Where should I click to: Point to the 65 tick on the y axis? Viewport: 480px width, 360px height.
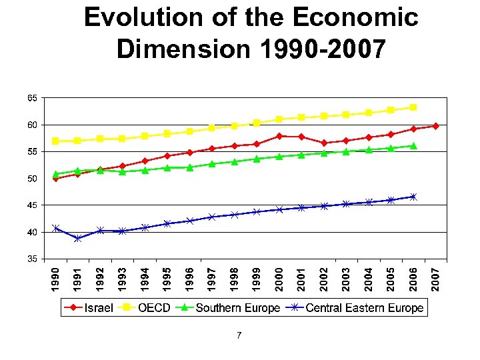point(32,98)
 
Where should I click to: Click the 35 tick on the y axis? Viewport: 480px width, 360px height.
point(32,259)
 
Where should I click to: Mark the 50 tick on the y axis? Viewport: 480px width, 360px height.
point(32,179)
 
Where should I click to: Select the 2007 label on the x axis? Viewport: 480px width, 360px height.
point(435,278)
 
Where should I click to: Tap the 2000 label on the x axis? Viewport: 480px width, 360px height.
point(279,278)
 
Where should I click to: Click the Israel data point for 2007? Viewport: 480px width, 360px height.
point(435,126)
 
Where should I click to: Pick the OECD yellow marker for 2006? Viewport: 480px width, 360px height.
point(413,107)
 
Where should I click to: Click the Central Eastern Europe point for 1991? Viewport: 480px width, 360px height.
point(78,238)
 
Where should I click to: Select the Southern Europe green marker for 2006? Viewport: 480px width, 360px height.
point(413,145)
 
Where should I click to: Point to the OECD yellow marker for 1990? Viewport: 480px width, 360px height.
point(56,141)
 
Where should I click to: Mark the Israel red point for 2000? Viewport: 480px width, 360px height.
point(279,136)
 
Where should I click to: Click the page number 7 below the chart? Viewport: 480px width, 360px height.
point(239,335)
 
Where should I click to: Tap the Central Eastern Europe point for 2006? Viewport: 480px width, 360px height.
point(413,197)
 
